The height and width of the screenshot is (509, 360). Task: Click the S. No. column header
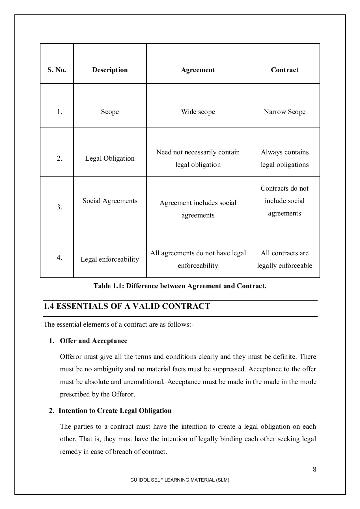pos(57,70)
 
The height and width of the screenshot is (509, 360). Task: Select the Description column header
pos(110,70)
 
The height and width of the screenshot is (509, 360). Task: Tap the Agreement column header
pos(198,70)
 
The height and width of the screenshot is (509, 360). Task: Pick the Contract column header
pos(284,70)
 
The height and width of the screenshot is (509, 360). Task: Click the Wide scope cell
pos(198,112)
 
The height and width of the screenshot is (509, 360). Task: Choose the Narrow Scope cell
pos(284,112)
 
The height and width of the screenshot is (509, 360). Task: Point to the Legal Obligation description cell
pos(110,158)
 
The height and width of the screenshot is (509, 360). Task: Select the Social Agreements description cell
pos(110,201)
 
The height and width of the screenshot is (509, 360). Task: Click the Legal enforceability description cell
pos(110,259)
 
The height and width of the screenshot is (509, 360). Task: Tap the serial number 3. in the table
pos(59,207)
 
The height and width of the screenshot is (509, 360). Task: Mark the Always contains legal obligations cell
pos(284,158)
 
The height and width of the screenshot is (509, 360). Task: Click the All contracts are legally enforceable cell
pos(284,259)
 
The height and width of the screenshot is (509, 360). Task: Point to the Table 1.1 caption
pos(180,286)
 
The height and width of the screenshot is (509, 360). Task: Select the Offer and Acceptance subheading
pos(94,341)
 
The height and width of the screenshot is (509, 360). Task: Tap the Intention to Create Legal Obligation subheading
pos(115,411)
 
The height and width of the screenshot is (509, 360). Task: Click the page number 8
pos(314,469)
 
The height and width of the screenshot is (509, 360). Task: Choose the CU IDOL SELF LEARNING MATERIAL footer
pos(180,480)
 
